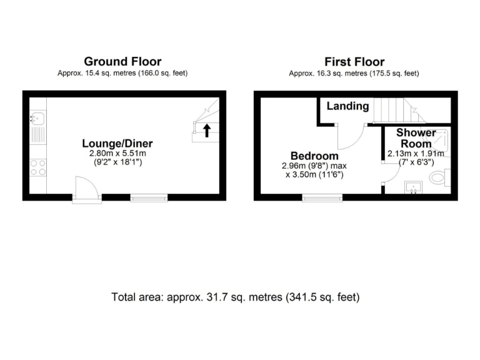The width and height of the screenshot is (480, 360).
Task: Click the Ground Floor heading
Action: [122, 62]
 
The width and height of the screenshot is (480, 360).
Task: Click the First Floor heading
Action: [354, 62]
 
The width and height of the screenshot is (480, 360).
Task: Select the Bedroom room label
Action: [314, 156]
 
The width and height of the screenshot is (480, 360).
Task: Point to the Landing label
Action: [347, 106]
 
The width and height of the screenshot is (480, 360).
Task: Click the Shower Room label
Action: [416, 138]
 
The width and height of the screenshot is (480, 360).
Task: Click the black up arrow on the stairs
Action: [206, 130]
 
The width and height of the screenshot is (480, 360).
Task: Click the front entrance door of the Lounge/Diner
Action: [86, 189]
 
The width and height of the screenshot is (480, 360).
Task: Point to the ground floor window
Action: [149, 197]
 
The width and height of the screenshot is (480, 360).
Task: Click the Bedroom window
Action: [322, 197]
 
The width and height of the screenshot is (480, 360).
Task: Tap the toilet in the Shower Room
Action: [440, 179]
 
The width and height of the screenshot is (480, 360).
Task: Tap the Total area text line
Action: [236, 297]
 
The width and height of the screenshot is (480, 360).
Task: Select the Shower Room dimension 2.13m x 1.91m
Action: [416, 154]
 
